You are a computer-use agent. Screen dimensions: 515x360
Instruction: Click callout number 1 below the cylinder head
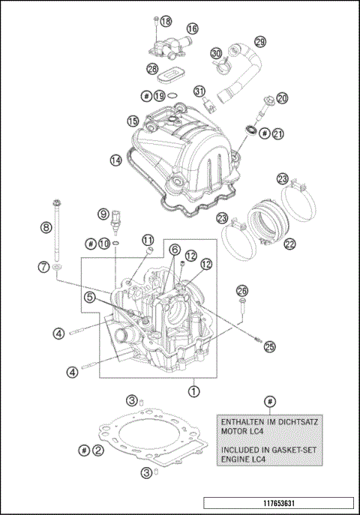[194, 391]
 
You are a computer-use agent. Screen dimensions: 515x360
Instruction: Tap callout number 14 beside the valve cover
[115, 160]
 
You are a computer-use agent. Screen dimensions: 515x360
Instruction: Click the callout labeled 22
[289, 244]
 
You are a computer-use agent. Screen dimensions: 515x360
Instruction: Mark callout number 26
[241, 290]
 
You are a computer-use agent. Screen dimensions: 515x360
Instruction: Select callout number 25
[270, 346]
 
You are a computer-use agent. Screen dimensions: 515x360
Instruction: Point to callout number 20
[282, 98]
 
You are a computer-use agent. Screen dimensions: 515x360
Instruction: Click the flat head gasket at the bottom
[150, 439]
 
